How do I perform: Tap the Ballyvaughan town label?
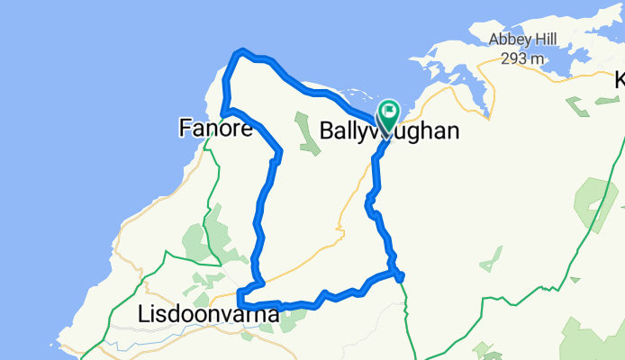[389, 130]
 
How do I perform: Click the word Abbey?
[512, 39]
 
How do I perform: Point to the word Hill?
[555, 39]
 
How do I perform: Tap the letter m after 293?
[539, 58]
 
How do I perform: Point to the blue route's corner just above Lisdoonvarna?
[240, 292]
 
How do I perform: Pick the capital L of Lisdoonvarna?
[144, 314]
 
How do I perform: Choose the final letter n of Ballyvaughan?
[453, 130]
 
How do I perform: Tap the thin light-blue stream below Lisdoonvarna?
[135, 342]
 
